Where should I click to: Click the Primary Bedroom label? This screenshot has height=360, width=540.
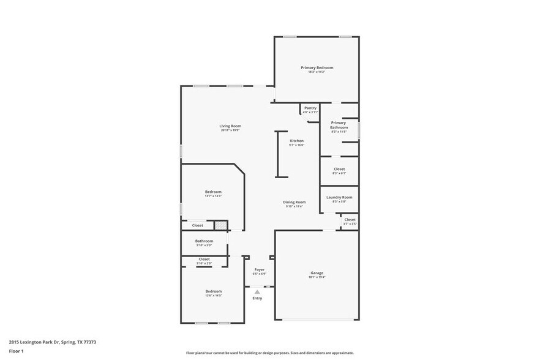click(x=317, y=67)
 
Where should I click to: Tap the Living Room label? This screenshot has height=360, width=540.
click(x=230, y=126)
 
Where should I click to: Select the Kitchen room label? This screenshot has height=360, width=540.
click(x=296, y=141)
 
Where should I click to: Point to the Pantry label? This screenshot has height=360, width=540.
click(x=310, y=108)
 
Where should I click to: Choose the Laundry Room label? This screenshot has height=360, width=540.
click(x=339, y=197)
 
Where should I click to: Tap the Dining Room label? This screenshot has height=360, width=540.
click(x=294, y=202)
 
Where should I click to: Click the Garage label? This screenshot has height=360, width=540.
click(x=317, y=273)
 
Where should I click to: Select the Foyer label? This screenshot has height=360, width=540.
click(x=260, y=269)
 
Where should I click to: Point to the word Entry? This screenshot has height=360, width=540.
click(x=257, y=298)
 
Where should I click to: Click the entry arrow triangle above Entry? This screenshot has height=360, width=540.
click(x=257, y=292)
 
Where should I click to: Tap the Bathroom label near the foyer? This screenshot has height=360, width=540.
click(x=204, y=241)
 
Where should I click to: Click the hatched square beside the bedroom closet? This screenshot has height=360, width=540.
click(x=220, y=225)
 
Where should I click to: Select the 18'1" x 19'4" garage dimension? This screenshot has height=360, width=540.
click(x=317, y=277)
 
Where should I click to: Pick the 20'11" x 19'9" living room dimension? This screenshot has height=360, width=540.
click(x=230, y=130)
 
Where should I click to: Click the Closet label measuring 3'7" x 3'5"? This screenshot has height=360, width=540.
click(x=350, y=220)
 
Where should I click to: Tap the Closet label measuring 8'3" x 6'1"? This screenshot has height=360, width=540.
click(x=339, y=169)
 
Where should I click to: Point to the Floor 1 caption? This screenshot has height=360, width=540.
click(x=16, y=351)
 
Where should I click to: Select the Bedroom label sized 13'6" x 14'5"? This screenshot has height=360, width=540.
click(x=213, y=291)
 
